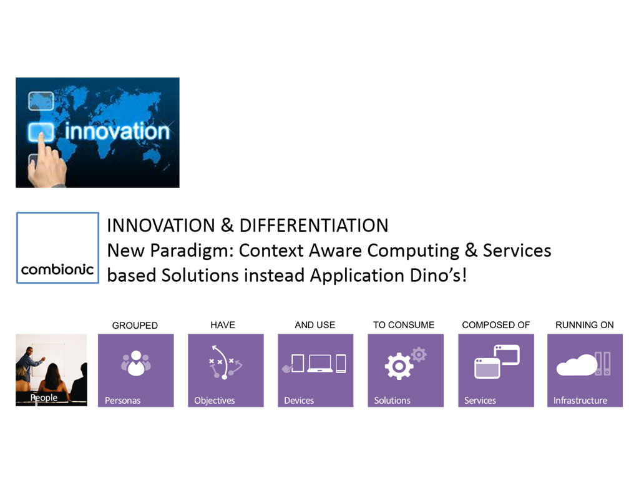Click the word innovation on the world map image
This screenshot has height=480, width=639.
[117, 132]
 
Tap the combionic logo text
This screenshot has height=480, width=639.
[57, 269]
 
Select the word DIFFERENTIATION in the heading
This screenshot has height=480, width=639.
[314, 226]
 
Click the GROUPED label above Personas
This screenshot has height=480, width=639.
[135, 325]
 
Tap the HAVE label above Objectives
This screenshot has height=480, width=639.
[223, 325]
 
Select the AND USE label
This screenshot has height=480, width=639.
[315, 325]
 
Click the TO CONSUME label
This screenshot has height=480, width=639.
[404, 325]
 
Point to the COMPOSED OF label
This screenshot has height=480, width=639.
[495, 325]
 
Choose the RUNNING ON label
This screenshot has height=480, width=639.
[584, 325]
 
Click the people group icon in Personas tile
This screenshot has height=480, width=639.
[135, 363]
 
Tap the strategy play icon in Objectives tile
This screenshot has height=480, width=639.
[225, 362]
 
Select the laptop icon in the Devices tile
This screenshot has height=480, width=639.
[320, 363]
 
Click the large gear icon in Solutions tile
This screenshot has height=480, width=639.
[399, 366]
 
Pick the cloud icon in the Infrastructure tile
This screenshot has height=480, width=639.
[577, 365]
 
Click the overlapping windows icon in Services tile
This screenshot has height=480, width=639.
[497, 362]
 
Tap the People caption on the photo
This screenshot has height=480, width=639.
[44, 397]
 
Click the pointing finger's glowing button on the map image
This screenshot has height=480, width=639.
[41, 132]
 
